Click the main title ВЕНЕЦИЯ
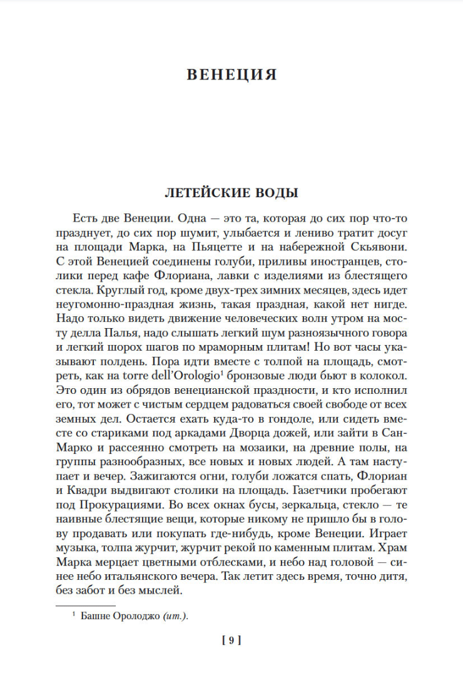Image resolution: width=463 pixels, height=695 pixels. tap(232, 75)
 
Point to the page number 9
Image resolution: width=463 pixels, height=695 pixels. tap(232, 640)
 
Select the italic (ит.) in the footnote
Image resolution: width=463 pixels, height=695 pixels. tap(176, 615)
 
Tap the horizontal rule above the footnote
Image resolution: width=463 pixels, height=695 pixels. tap(86, 605)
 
